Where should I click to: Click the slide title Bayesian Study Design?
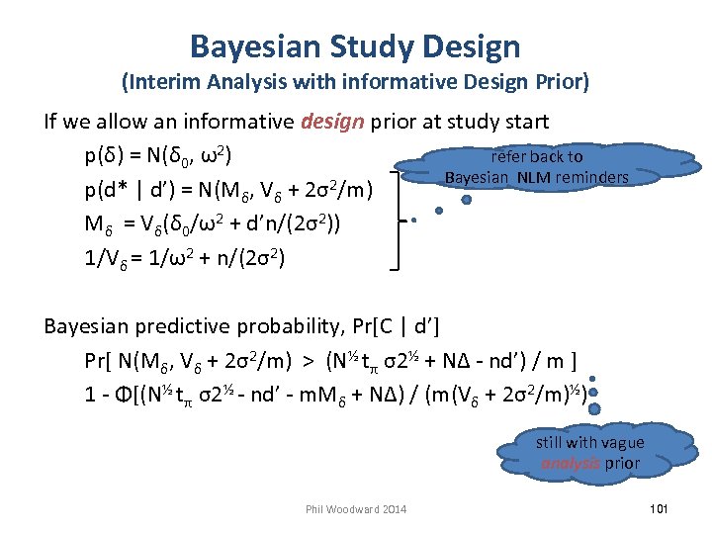coord(355,45)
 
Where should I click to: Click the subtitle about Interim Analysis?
coord(355,81)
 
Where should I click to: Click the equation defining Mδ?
coord(214,222)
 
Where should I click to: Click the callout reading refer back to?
coord(537,156)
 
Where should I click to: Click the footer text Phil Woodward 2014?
coord(356,509)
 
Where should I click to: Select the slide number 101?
coord(660,508)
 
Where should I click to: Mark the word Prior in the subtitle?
coord(565,81)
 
